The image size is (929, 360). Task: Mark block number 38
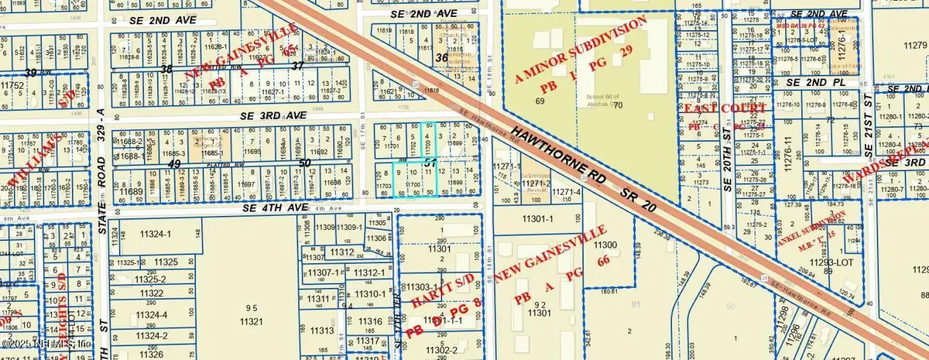click(x=166, y=68)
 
